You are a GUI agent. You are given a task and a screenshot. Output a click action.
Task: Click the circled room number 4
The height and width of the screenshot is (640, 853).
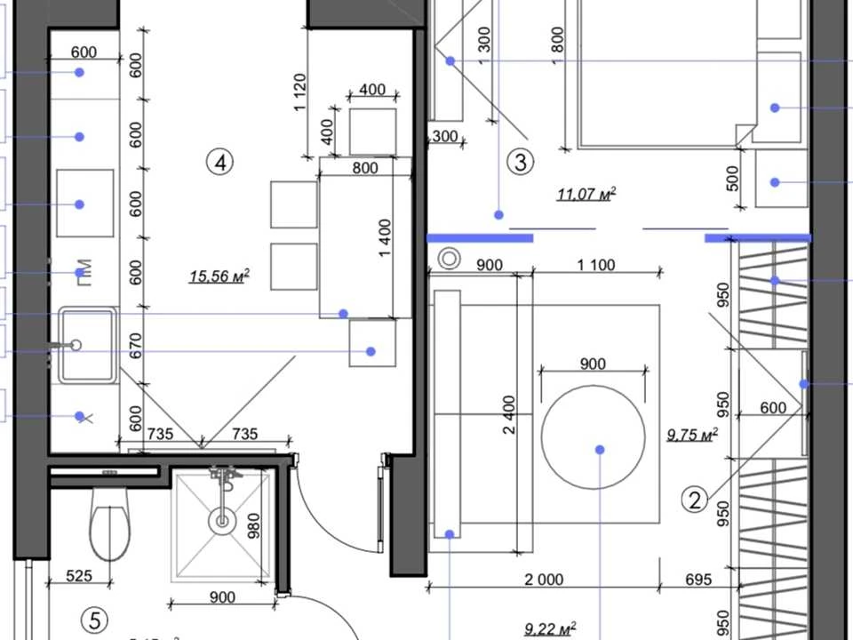tap(219, 162)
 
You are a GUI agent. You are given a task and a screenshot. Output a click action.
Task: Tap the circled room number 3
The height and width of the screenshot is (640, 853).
tap(520, 162)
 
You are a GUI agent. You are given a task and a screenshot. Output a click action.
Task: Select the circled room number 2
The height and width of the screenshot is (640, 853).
tap(695, 500)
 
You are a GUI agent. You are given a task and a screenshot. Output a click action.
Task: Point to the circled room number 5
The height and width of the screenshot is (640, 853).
tap(95, 620)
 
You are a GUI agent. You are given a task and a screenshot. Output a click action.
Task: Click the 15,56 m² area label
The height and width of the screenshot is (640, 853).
tap(219, 276)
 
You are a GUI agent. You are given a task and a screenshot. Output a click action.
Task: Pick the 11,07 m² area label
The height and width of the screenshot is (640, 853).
tap(586, 194)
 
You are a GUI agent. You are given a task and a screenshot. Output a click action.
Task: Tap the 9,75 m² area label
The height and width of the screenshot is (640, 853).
tap(692, 435)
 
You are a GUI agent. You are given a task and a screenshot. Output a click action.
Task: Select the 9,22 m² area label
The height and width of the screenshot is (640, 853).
tap(550, 629)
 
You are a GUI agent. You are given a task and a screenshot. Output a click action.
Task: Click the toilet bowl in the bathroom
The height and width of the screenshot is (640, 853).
tap(110, 524)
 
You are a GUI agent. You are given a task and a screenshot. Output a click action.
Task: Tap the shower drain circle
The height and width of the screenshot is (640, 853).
tap(222, 522)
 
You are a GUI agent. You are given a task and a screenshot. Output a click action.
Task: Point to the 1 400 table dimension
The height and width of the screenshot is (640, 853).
tap(385, 238)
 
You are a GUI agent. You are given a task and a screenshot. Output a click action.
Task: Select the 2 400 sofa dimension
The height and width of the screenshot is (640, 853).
tap(508, 415)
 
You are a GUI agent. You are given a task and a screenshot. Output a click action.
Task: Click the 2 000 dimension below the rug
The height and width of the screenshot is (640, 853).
tap(544, 580)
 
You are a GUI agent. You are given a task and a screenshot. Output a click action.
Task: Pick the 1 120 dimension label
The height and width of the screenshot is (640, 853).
tap(299, 92)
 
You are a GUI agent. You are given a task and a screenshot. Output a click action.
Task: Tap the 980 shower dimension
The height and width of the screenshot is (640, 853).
tap(253, 525)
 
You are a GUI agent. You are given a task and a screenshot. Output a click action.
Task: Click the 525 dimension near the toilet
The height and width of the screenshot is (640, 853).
tap(79, 575)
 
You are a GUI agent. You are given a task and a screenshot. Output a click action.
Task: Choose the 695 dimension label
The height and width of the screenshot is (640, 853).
tap(698, 580)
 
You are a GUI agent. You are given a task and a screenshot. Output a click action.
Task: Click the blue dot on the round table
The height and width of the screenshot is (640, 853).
tap(600, 450)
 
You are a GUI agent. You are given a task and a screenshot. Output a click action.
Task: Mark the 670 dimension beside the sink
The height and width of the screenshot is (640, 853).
tap(136, 346)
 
